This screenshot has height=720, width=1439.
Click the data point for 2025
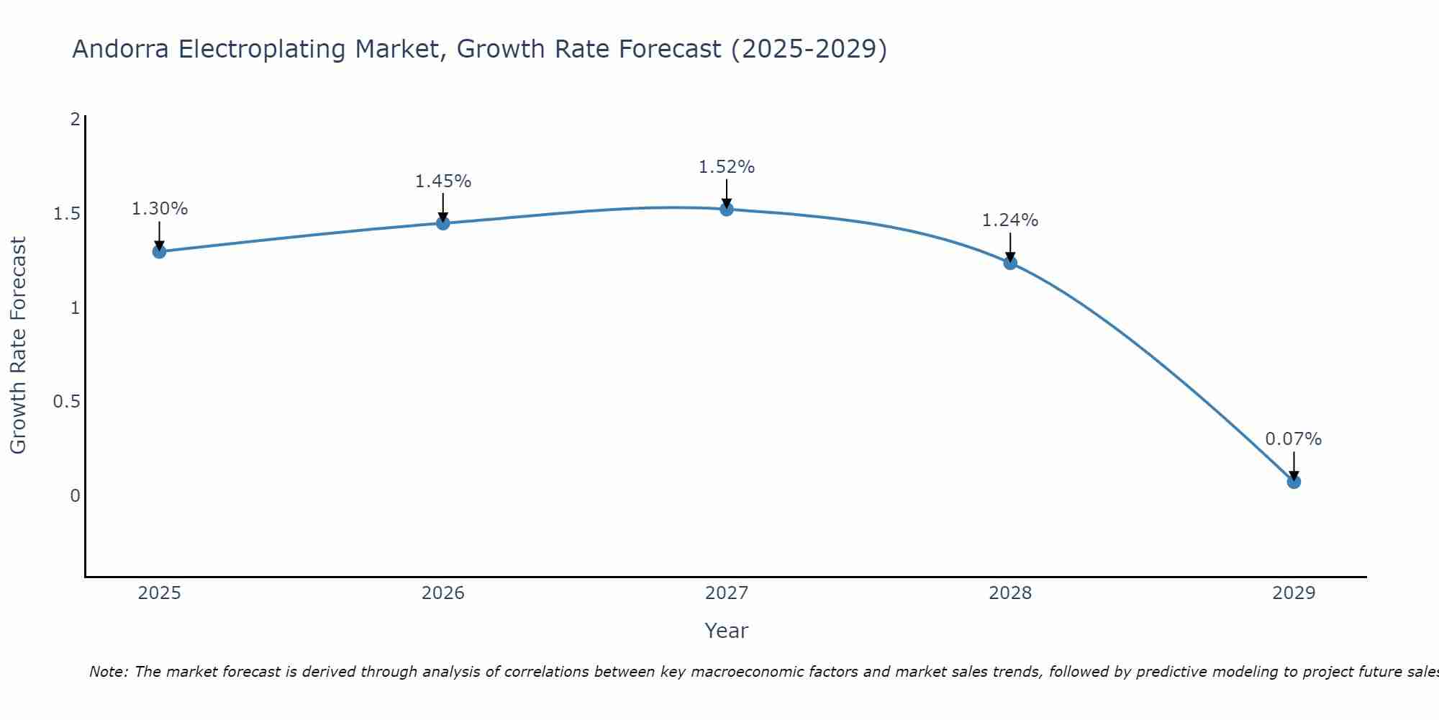click(159, 251)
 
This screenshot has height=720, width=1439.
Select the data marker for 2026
click(442, 223)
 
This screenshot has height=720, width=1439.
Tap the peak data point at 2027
click(726, 210)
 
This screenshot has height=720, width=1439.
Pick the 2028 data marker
click(1009, 263)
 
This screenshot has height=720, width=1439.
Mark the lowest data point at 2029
click(1293, 482)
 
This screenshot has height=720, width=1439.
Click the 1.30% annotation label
click(159, 209)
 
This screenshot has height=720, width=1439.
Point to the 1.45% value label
click(442, 181)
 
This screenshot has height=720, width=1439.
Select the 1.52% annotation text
click(726, 167)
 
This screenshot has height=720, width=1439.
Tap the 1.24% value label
click(1009, 220)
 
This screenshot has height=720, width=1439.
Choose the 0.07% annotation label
click(1293, 439)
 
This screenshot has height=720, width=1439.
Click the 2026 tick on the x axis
click(442, 593)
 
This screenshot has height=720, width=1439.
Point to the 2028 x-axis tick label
click(1009, 593)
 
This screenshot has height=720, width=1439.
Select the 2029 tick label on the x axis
click(1293, 593)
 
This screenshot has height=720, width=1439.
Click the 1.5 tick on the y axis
click(66, 214)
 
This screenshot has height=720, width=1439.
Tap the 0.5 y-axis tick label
click(66, 402)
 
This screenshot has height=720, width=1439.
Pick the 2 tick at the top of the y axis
click(75, 120)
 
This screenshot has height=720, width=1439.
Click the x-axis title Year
click(726, 631)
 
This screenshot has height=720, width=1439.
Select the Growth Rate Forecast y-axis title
click(18, 346)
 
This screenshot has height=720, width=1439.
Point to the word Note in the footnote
click(108, 672)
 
